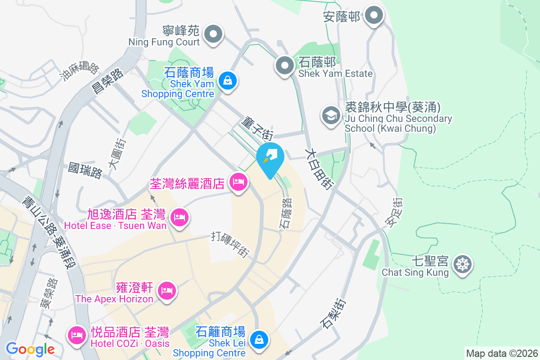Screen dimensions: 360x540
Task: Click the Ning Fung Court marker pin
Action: tap(213, 34)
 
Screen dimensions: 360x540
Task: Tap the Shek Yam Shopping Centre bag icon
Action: tap(228, 81)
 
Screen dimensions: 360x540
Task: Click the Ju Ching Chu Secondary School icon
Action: tap(331, 116)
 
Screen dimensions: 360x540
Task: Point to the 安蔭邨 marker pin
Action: tap(373, 16)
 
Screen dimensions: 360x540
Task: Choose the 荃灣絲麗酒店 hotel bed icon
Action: tap(238, 182)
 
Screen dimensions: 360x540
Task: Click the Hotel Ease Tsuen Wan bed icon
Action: tap(180, 218)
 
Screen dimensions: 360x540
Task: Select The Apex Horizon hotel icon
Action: tap(167, 291)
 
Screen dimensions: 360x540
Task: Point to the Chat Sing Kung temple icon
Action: tap(462, 264)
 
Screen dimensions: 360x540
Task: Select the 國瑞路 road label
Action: tap(85, 171)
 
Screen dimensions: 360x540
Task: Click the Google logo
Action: tap(30, 349)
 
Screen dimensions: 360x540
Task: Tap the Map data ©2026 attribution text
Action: tap(502, 353)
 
